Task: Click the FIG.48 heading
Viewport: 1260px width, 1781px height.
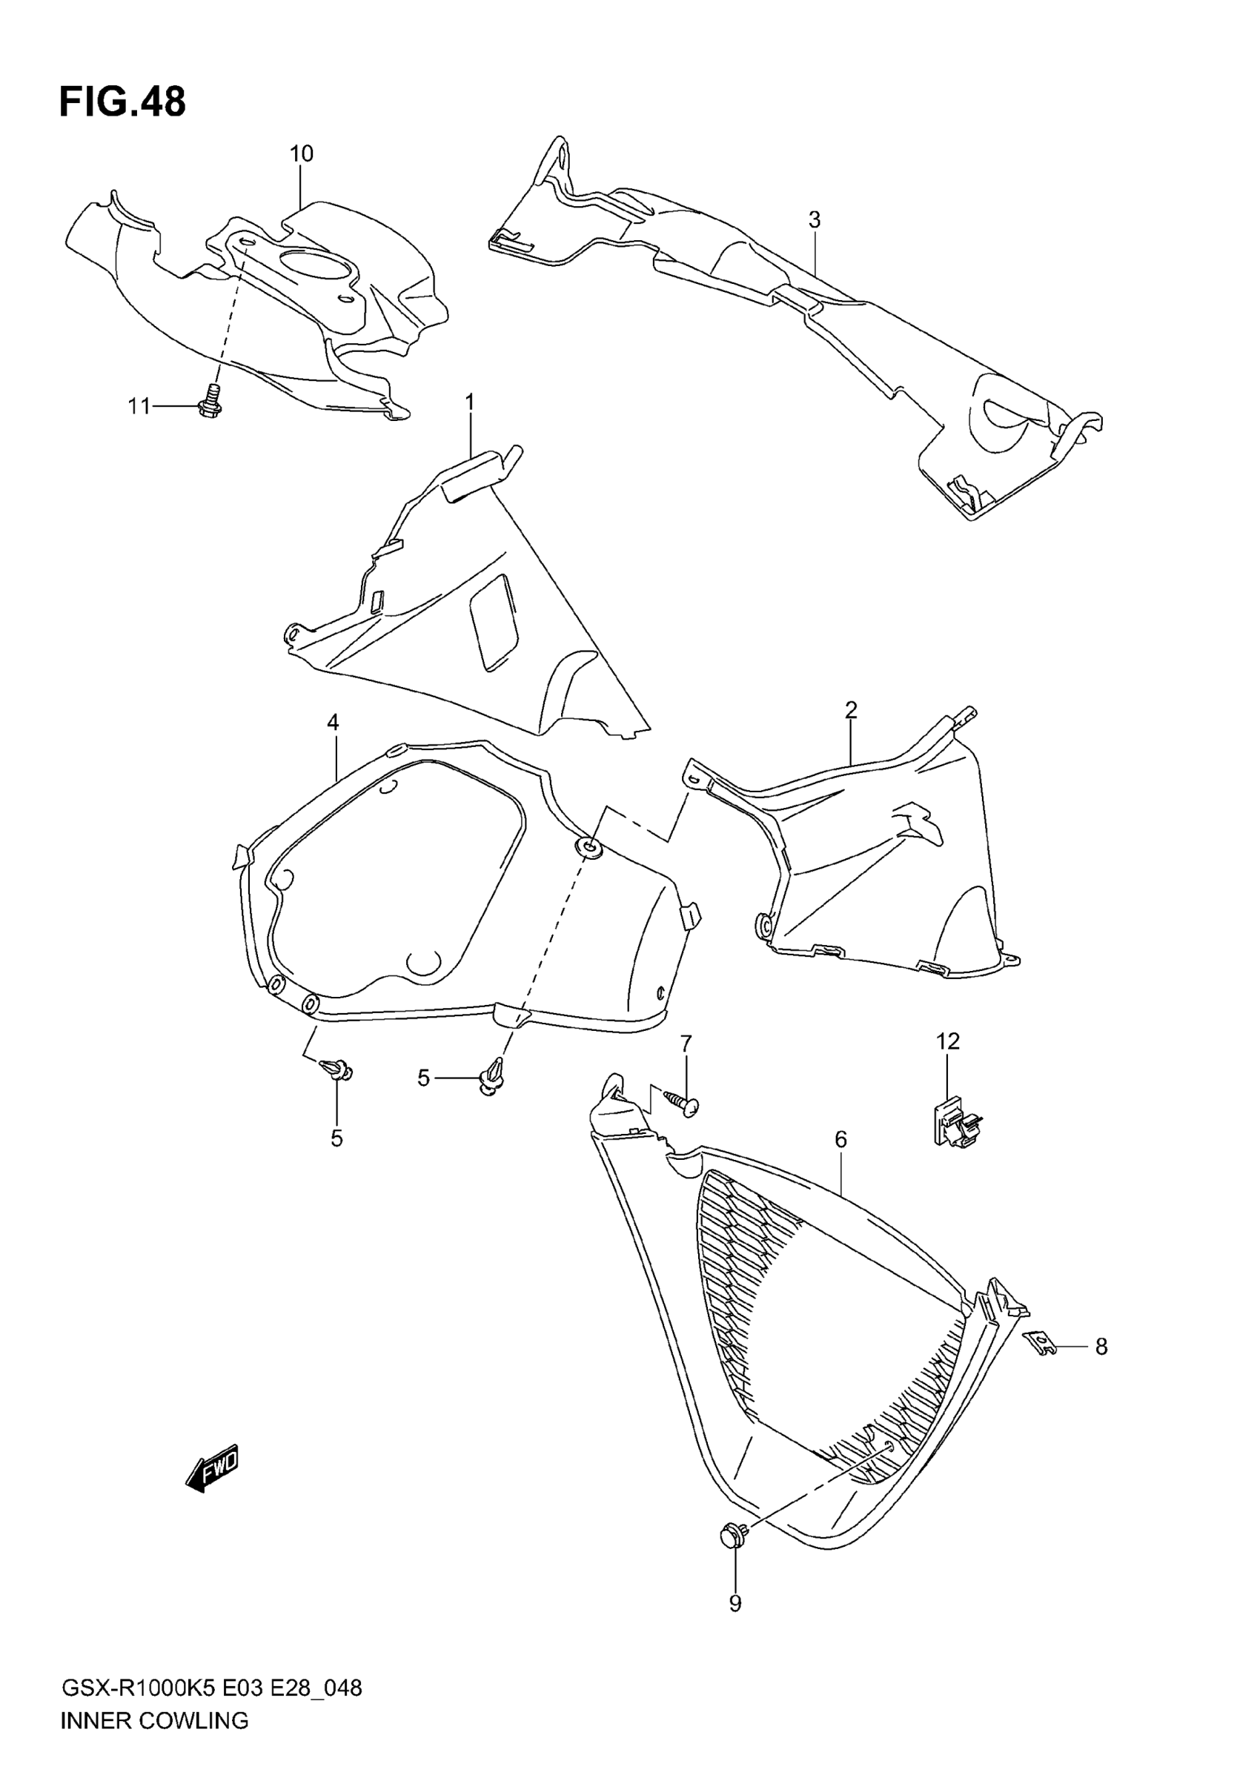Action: (x=122, y=102)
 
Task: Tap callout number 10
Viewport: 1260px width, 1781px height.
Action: (x=301, y=153)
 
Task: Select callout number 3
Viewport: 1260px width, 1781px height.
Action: (x=814, y=219)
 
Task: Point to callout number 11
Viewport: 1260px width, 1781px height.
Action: (x=139, y=405)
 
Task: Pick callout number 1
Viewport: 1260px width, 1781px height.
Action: (x=469, y=402)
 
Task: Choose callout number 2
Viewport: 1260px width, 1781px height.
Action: (x=851, y=709)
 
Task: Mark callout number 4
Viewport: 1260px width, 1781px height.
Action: (x=333, y=722)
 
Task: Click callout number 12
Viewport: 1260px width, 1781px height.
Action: (x=948, y=1041)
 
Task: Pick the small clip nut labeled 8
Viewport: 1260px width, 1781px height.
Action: (x=1041, y=1341)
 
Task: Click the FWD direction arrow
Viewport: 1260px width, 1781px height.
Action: (x=212, y=1468)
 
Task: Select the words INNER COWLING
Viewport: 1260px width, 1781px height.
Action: (x=154, y=1719)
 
